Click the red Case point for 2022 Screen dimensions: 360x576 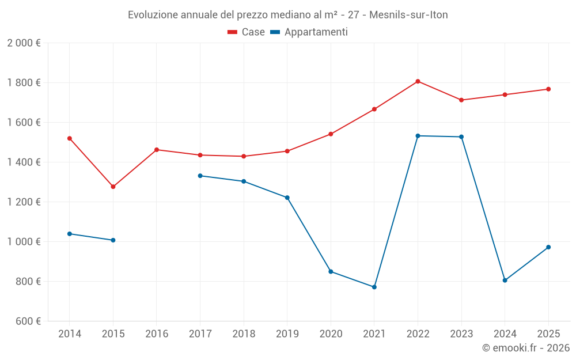pyautogui.click(x=418, y=81)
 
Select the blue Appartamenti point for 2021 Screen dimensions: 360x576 pyautogui.click(x=374, y=287)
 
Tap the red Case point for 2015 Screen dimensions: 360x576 pyautogui.click(x=113, y=187)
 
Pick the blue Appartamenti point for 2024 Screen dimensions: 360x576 pyautogui.click(x=505, y=281)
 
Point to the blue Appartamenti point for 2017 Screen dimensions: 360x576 pyautogui.click(x=200, y=176)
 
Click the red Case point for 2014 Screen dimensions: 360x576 pyautogui.click(x=70, y=138)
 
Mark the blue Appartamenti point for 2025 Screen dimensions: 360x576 pyautogui.click(x=548, y=247)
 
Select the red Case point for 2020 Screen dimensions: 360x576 pyautogui.click(x=331, y=134)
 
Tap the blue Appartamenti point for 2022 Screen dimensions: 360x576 pyautogui.click(x=418, y=136)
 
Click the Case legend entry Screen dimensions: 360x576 pyautogui.click(x=247, y=32)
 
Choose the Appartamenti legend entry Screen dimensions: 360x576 pyautogui.click(x=309, y=32)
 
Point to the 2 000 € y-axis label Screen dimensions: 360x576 pyautogui.click(x=24, y=43)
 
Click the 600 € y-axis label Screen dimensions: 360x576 pyautogui.click(x=27, y=321)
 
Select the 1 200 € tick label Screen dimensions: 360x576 pyautogui.click(x=24, y=202)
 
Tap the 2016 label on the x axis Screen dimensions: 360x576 pyautogui.click(x=157, y=334)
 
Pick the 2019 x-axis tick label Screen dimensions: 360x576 pyautogui.click(x=287, y=334)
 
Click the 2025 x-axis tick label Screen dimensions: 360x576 pyautogui.click(x=548, y=334)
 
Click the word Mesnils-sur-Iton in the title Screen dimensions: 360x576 pyautogui.click(x=408, y=15)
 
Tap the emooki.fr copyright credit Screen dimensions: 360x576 pyautogui.click(x=526, y=348)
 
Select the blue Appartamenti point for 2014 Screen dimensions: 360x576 pyautogui.click(x=70, y=234)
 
